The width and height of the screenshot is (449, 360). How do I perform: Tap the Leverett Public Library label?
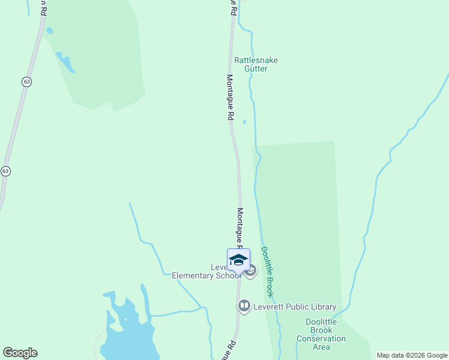[x=294, y=307]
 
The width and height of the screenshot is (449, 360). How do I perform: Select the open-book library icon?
[x=244, y=307]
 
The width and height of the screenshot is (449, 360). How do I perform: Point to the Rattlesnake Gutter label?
[x=256, y=64]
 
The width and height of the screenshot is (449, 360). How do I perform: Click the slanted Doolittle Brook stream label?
[x=268, y=272]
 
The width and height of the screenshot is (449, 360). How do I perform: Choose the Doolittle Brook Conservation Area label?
[x=321, y=334]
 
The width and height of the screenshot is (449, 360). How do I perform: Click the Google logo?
[x=20, y=353]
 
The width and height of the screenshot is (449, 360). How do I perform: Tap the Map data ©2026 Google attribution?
[x=412, y=355]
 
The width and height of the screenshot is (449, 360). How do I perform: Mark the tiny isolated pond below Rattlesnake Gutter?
[x=244, y=122]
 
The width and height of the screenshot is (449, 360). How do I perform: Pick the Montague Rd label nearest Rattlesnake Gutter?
[x=229, y=98]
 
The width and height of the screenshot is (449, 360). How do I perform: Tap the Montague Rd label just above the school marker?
[x=240, y=228]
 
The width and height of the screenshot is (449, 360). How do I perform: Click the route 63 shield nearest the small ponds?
[x=26, y=82]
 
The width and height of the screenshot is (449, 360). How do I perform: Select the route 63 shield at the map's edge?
[x=5, y=171]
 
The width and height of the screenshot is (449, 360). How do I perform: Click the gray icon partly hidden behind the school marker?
[x=252, y=271]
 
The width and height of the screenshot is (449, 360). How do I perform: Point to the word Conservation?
[x=321, y=338]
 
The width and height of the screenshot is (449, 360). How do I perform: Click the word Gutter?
[x=256, y=68]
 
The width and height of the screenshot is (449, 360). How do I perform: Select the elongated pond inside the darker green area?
[x=65, y=62]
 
